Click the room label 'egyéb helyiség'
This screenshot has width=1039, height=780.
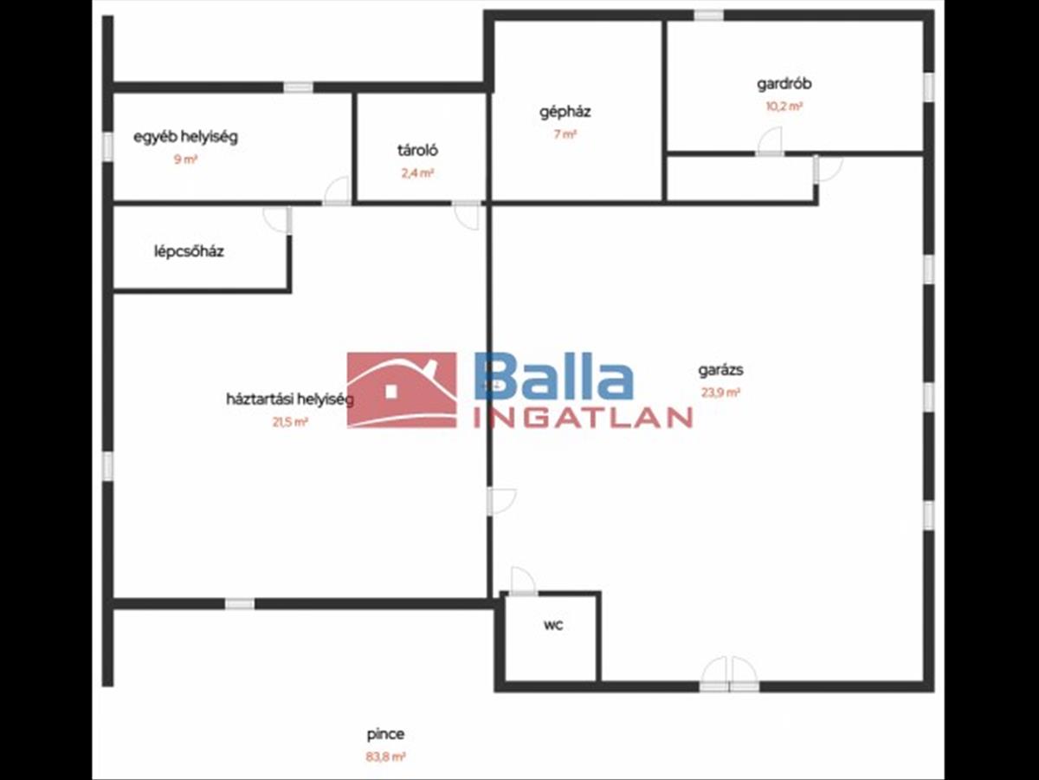pos(185,137)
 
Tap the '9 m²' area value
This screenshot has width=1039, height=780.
pos(185,159)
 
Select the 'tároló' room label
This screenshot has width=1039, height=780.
pos(417,150)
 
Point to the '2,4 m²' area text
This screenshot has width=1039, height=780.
pos(417,172)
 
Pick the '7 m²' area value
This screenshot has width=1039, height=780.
pos(565,134)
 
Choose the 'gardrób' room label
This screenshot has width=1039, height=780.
pos(784,85)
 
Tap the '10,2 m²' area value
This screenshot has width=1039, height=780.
pos(784,107)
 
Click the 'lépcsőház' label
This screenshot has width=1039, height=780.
pos(189,252)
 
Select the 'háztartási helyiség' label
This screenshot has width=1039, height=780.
pos(290,400)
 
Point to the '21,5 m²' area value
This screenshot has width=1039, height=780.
pos(290,422)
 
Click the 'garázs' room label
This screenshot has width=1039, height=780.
pos(720,370)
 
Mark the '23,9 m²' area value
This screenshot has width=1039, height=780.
pos(720,392)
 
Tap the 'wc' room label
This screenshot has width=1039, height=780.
pos(553,625)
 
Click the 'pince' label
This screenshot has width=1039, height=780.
pos(385,734)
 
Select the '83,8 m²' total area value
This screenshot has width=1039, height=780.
pos(385,757)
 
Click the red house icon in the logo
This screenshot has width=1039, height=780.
pos(402,390)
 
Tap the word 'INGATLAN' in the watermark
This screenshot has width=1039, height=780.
pos(582,418)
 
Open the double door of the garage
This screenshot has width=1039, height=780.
pos(728,674)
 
